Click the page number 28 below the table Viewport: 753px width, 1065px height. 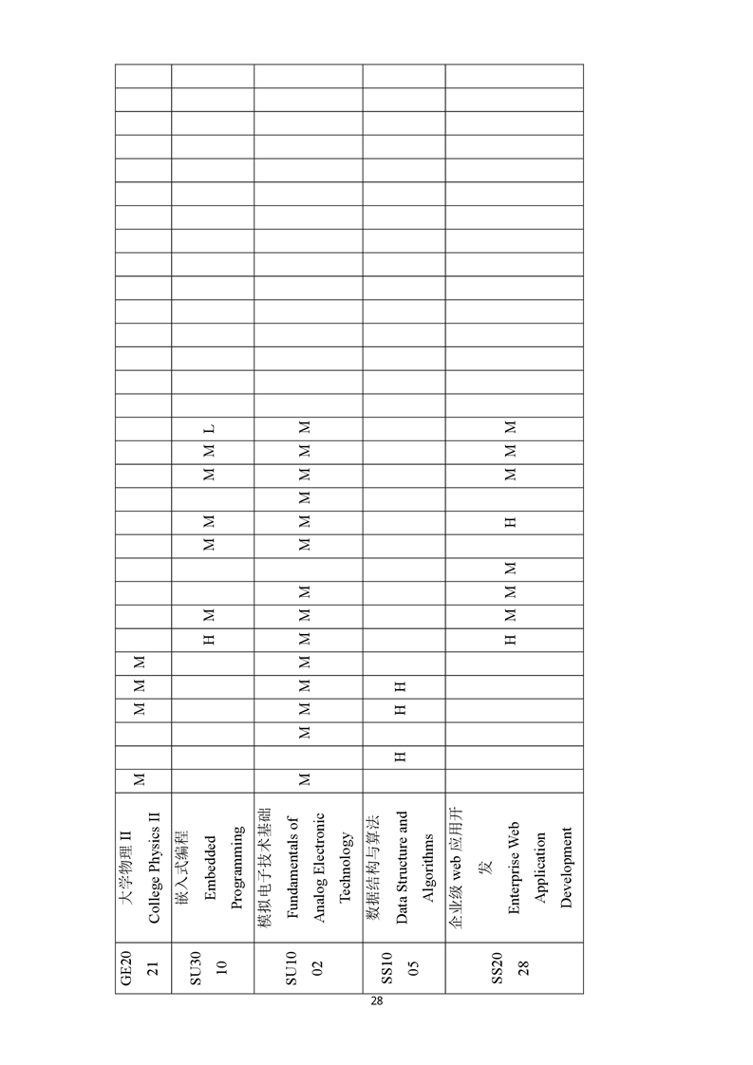pyautogui.click(x=376, y=1001)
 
